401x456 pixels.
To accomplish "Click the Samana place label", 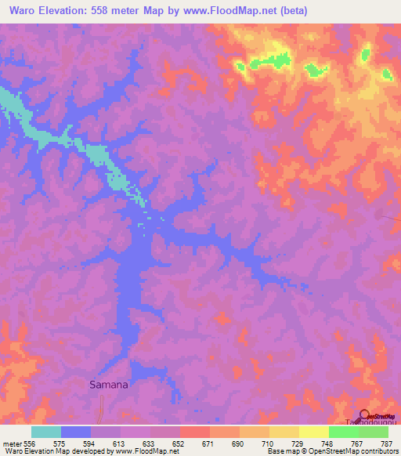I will tap(108, 385).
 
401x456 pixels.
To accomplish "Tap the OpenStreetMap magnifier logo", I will tap(363, 414).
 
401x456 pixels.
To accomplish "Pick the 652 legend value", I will tap(179, 443).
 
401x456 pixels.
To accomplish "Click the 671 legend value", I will tap(209, 443).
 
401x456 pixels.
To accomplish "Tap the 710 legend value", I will tap(269, 443).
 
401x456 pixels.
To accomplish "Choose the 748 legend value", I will tap(328, 443).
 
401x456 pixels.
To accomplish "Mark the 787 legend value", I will tap(387, 443).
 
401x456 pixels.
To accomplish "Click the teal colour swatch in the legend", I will tap(46, 431).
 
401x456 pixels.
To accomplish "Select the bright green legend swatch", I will tap(343, 431).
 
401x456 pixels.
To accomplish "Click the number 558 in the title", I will tap(101, 11).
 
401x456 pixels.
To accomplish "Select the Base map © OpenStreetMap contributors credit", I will tap(331, 451).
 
